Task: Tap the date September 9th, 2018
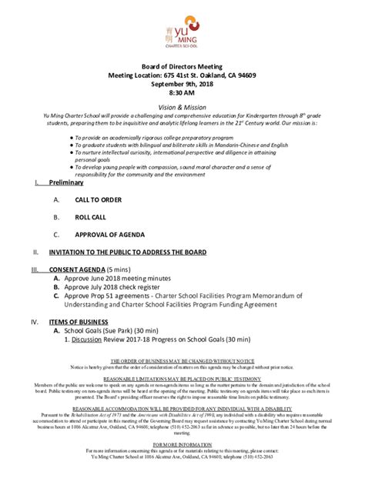(182, 85)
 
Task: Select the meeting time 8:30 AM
(182, 95)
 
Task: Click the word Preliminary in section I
(67, 182)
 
